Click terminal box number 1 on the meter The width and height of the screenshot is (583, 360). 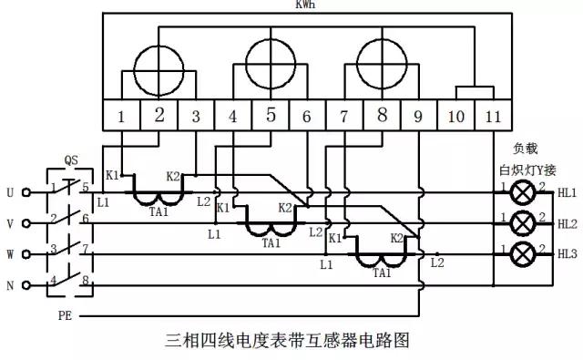tap(122, 116)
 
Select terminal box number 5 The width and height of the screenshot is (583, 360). tap(271, 116)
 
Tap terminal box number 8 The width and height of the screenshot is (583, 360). tap(382, 116)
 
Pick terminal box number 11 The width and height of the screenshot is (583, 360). tap(493, 116)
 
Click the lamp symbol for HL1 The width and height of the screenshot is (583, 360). tap(523, 193)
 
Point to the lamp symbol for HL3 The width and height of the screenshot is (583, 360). tap(523, 252)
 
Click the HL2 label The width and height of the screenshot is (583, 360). tap(567, 223)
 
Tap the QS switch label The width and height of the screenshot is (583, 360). tap(71, 160)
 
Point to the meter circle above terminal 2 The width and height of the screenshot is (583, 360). tap(159, 65)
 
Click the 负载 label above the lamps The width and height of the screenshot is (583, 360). tap(527, 148)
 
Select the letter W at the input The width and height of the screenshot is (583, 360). tap(10, 254)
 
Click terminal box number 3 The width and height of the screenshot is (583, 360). tap(196, 116)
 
